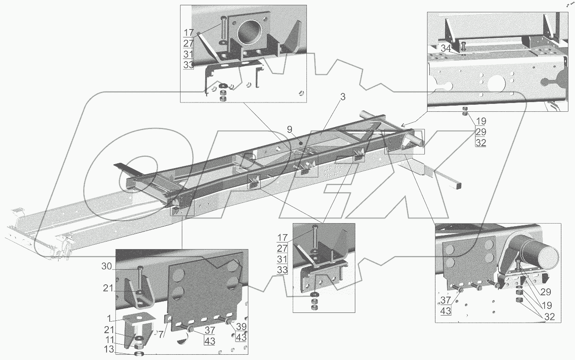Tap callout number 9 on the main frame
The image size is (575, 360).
(x=289, y=129)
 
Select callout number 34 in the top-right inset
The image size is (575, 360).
(x=446, y=49)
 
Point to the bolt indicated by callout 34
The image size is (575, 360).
(x=464, y=45)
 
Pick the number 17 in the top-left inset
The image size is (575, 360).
(x=189, y=32)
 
